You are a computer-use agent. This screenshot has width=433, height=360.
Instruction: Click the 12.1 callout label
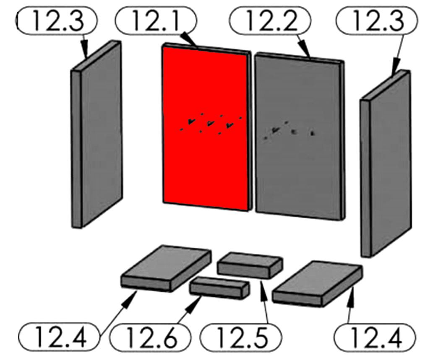[x=156, y=20]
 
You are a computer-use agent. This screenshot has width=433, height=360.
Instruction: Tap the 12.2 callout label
[x=270, y=20]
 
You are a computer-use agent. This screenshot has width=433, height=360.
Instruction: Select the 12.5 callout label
[x=241, y=337]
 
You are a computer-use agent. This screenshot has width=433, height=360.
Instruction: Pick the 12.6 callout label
[x=150, y=337]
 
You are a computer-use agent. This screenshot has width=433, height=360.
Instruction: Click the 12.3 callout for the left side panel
[x=57, y=20]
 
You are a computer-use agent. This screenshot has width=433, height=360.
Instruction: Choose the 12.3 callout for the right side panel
[x=377, y=20]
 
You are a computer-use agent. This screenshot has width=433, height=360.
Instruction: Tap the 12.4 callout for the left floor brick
[x=59, y=337]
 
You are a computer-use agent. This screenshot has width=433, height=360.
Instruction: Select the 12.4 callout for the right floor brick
[x=375, y=337]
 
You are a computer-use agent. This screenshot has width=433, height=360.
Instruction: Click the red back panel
[x=206, y=128]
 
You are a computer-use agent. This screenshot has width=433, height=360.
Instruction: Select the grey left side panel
[x=97, y=135]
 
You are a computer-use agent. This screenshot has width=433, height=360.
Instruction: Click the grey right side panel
[x=386, y=164]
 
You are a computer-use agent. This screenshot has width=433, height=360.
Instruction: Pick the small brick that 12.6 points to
[x=220, y=288]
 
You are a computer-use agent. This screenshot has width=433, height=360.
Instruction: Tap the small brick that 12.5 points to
[x=250, y=265]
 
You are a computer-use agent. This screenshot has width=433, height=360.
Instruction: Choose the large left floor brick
[x=166, y=268]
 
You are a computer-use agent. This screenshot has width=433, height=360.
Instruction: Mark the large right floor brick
[x=318, y=284]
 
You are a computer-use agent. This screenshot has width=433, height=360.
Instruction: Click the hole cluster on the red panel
[x=211, y=124]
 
